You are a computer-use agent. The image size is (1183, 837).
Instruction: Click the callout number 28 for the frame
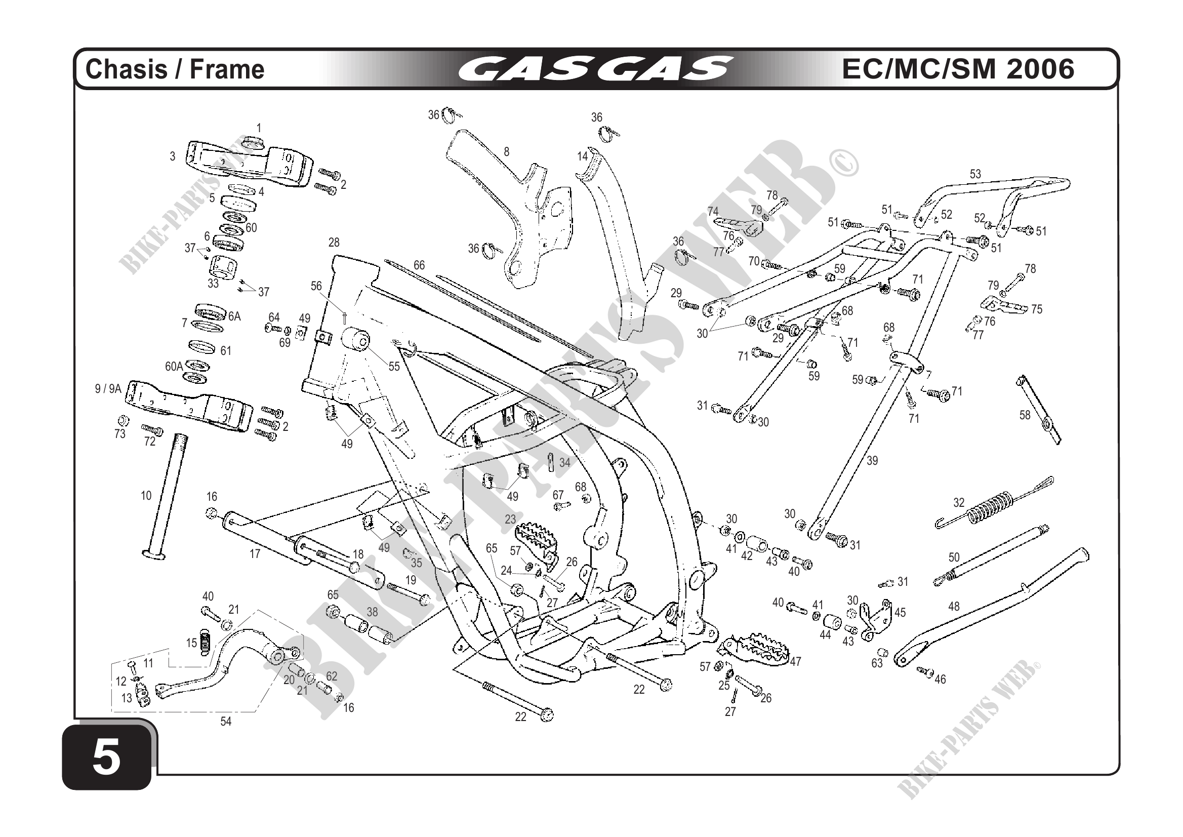click(334, 242)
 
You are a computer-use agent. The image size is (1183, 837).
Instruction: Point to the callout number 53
click(975, 174)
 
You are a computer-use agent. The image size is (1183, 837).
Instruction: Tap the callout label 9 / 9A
click(108, 389)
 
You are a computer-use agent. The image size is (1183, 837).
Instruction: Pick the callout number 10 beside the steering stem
click(146, 496)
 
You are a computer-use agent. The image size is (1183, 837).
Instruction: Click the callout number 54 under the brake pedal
click(226, 722)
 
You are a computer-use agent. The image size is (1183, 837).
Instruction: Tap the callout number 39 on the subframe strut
click(872, 460)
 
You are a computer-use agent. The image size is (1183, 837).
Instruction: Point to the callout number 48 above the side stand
click(954, 606)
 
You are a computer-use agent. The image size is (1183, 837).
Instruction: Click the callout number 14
click(582, 156)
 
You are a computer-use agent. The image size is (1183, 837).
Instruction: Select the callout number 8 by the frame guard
click(507, 151)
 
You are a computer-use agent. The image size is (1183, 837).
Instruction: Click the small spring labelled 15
click(205, 643)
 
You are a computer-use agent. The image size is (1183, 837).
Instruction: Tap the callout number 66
click(419, 265)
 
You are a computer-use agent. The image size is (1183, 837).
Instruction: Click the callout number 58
click(1025, 415)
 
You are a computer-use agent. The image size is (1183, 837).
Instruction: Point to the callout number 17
click(255, 554)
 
